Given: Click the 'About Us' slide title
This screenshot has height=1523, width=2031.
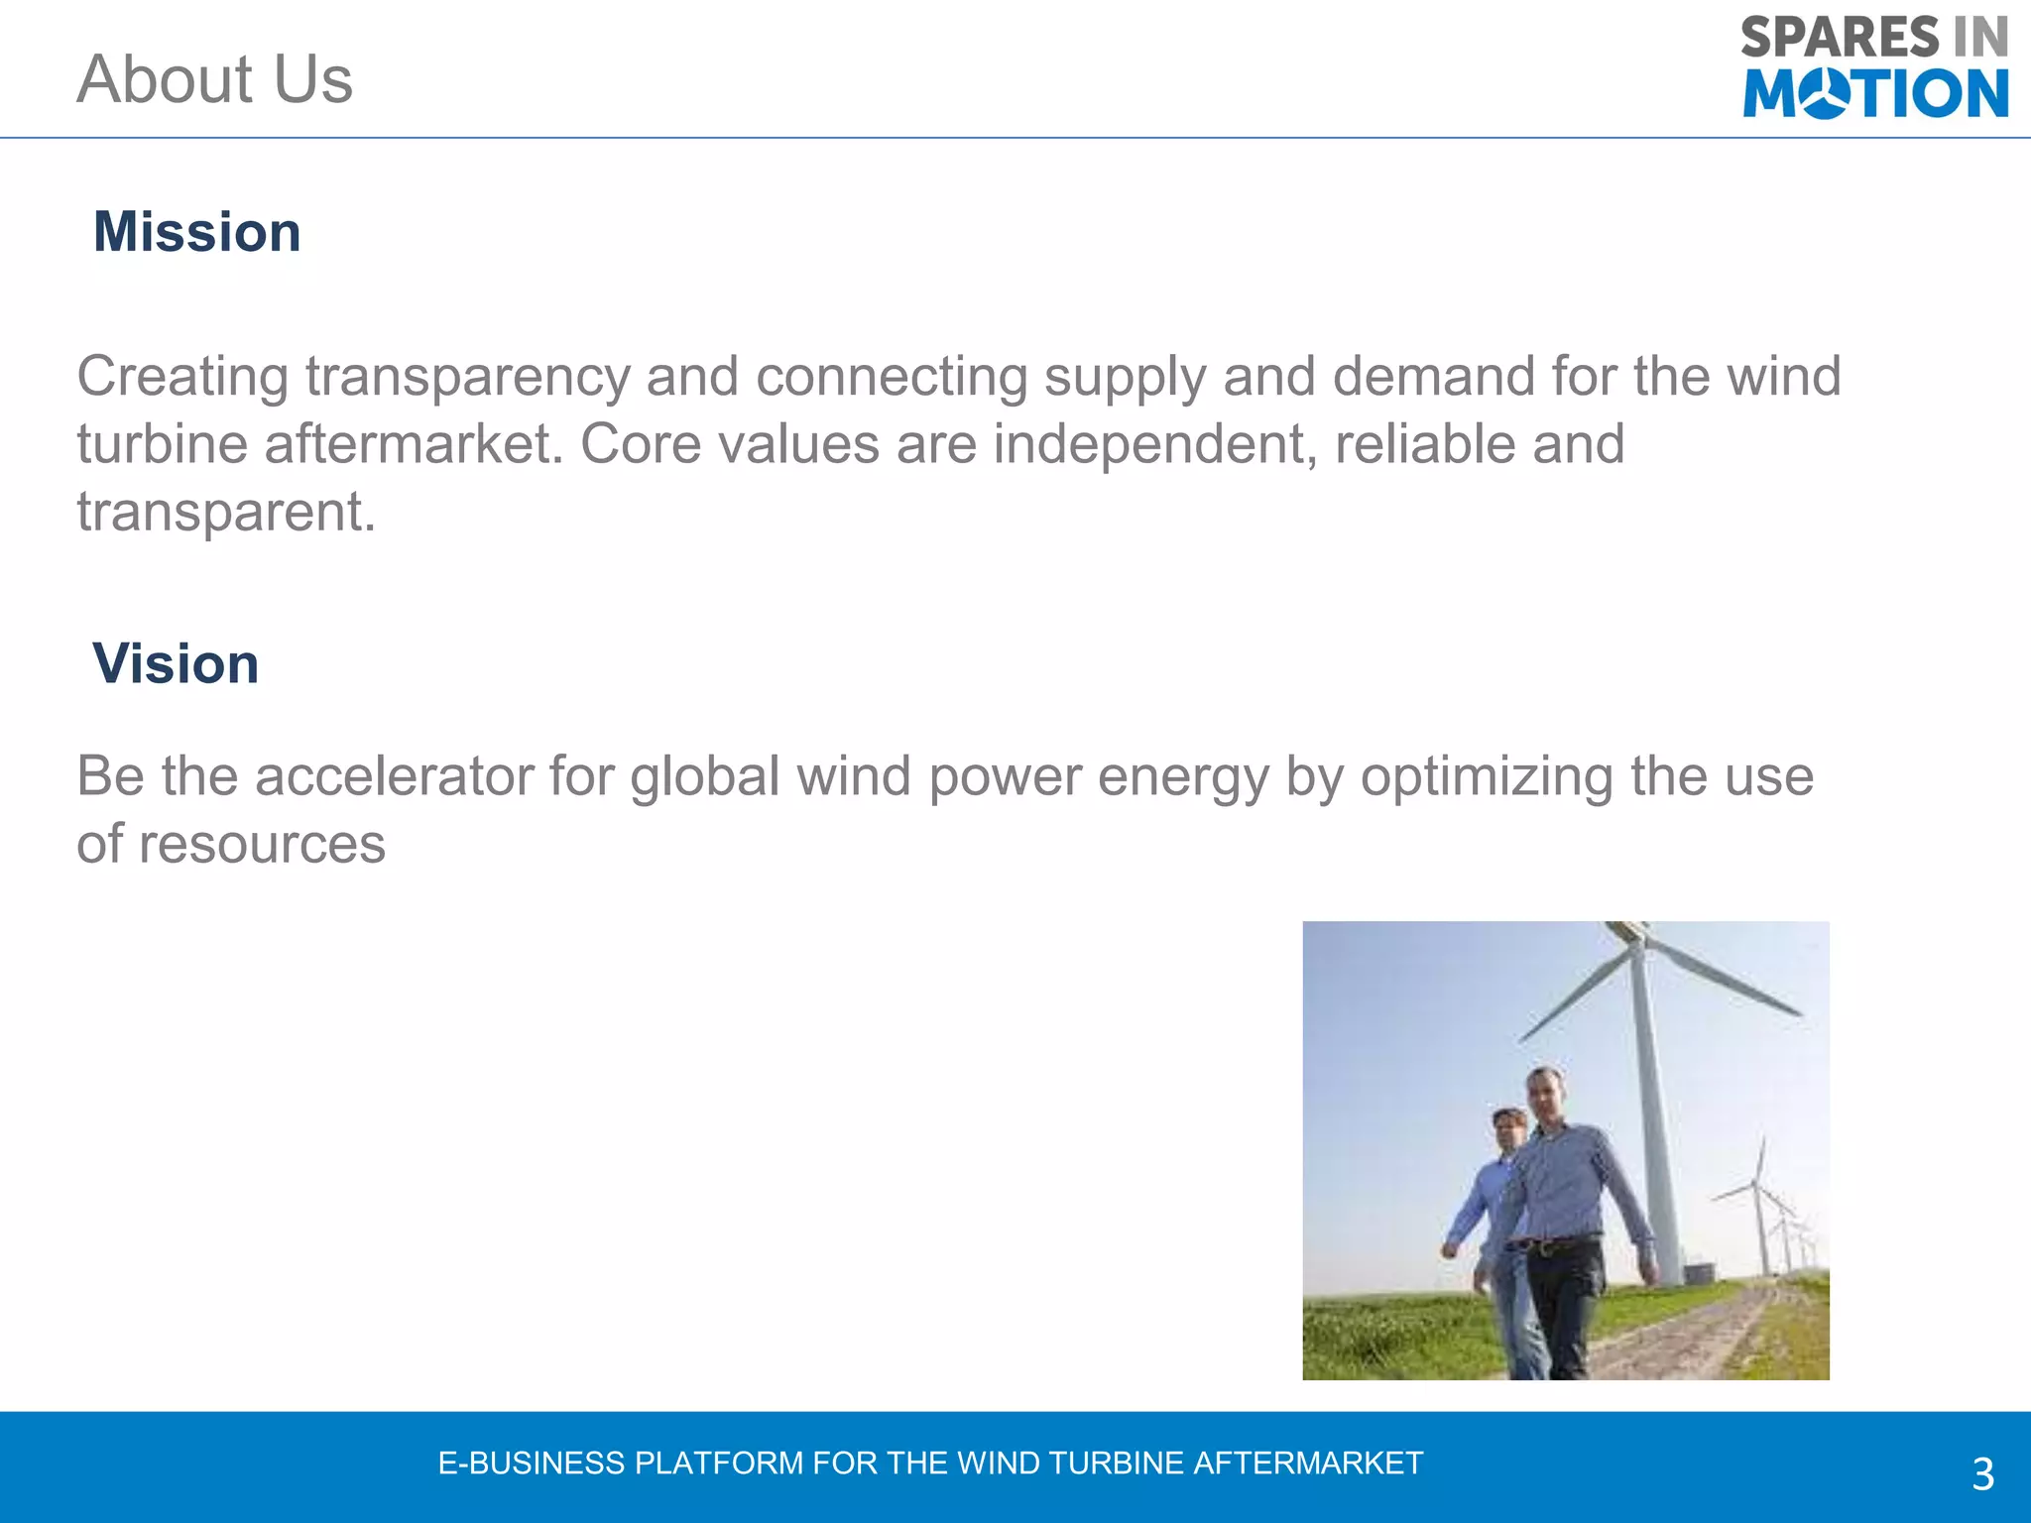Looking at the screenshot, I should tap(214, 79).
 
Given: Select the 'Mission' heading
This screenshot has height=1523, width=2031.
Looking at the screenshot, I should tap(196, 232).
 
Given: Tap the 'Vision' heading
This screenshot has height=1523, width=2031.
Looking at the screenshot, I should tap(176, 663).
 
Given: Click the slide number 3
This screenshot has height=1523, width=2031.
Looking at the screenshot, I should tap(1982, 1474).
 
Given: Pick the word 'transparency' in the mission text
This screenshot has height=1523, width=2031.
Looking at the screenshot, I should tap(467, 378).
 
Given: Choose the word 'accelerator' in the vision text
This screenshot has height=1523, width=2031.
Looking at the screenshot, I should tap(394, 775).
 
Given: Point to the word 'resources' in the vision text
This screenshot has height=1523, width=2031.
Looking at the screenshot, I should tap(262, 844).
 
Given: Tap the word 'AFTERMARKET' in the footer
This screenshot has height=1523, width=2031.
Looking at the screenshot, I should tap(1308, 1464).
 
